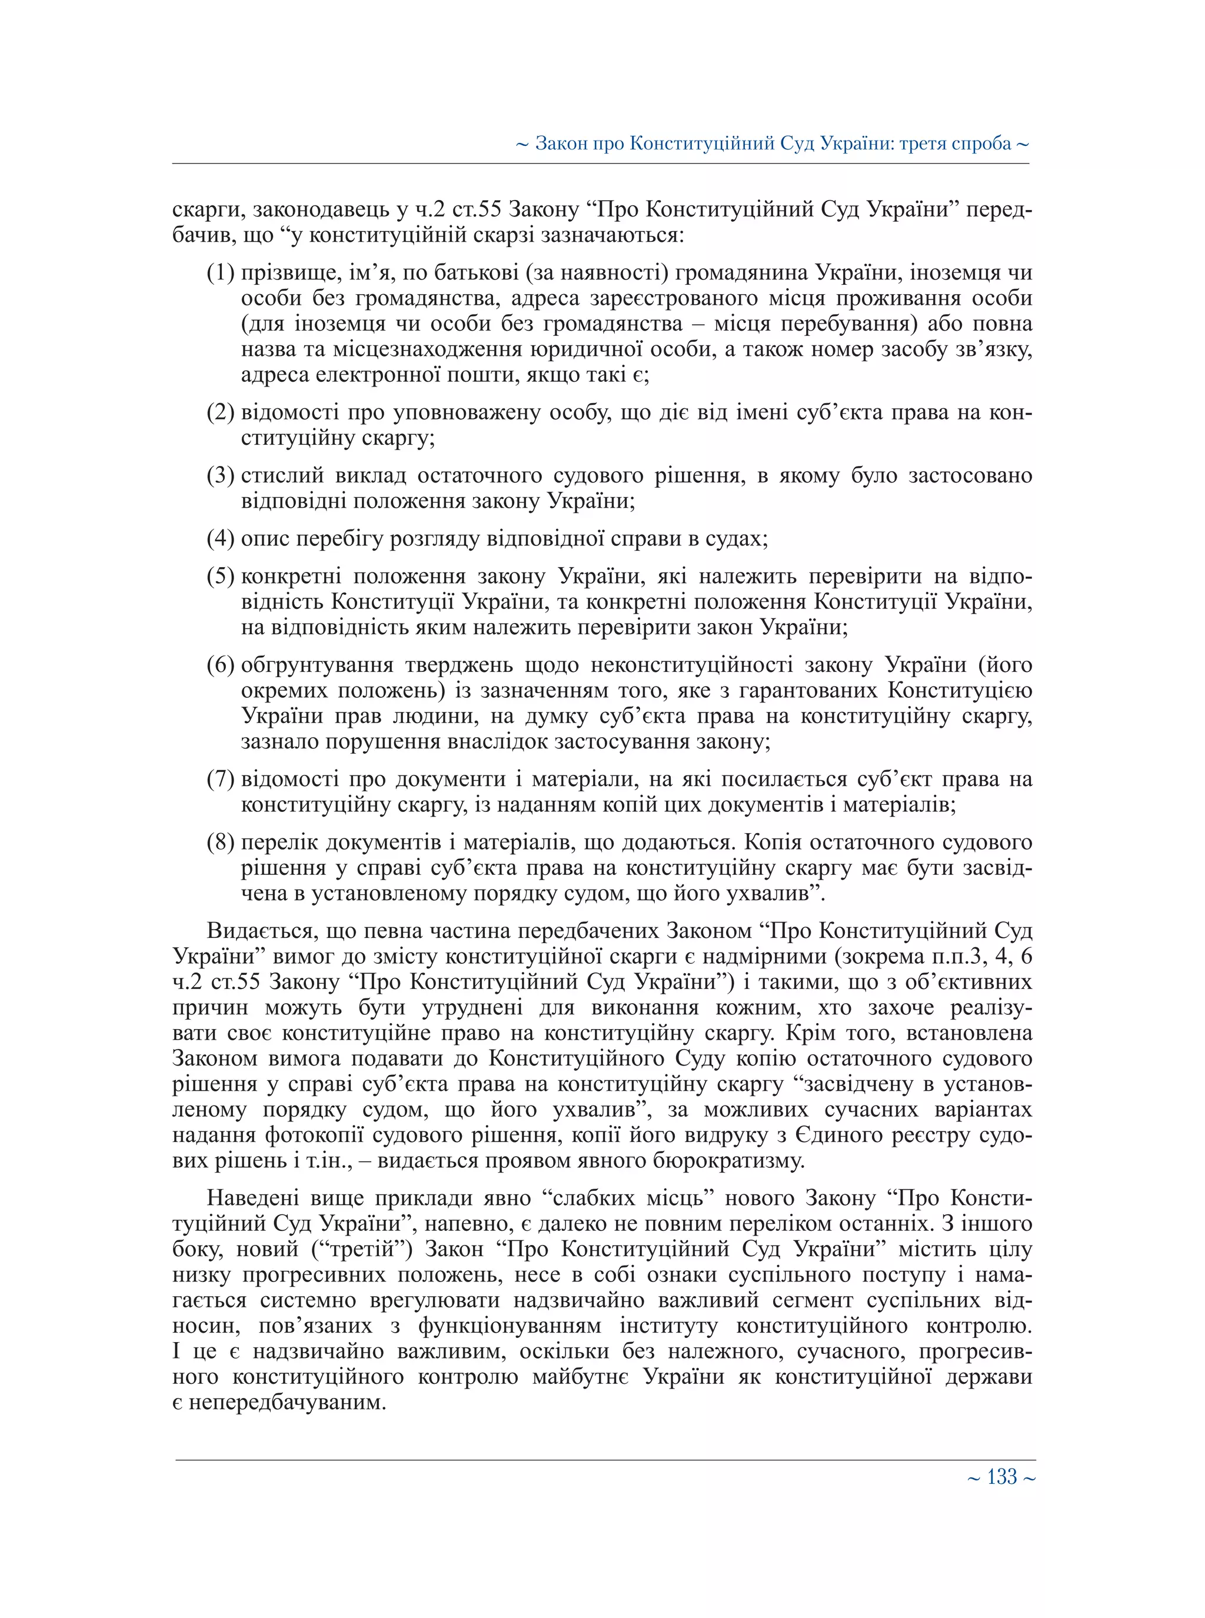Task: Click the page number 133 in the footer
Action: tap(1001, 1477)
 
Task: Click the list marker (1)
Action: tap(220, 273)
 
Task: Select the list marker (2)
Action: tap(220, 413)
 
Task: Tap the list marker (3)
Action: tap(220, 475)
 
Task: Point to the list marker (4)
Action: tap(220, 538)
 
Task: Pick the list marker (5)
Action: tap(220, 576)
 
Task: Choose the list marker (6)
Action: tap(220, 665)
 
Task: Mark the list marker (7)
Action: tap(220, 779)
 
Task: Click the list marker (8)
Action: tap(220, 842)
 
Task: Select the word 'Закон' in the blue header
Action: tap(561, 144)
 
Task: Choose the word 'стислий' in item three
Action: tap(282, 475)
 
